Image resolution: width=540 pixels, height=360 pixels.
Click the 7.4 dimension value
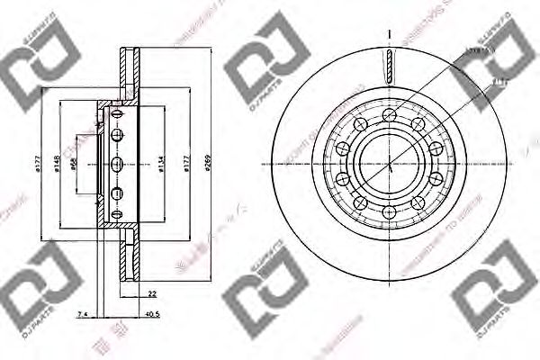coord(82,315)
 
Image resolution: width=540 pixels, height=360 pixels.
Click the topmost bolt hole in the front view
coord(388,114)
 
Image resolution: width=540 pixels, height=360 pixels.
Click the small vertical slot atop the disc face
coord(388,65)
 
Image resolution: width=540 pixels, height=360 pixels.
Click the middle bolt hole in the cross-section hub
coord(118,164)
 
